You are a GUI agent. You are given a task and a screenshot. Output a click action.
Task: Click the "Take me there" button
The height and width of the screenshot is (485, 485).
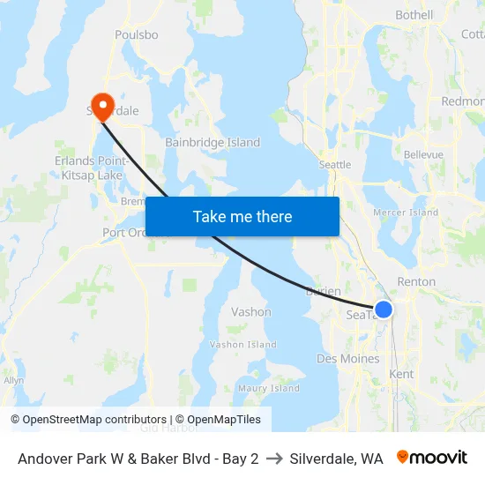click(x=242, y=216)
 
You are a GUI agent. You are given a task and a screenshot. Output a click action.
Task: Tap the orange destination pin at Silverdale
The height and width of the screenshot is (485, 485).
click(x=103, y=106)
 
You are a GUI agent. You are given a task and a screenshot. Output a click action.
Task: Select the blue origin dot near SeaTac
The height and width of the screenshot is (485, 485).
click(x=384, y=310)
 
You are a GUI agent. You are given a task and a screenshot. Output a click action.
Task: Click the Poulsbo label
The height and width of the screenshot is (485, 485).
click(x=137, y=35)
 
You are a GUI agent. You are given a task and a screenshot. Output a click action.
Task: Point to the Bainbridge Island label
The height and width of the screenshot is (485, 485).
click(x=213, y=142)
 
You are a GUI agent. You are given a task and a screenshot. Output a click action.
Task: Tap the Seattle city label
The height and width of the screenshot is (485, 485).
click(x=335, y=165)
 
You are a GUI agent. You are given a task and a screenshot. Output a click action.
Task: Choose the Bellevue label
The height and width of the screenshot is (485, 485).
click(x=423, y=154)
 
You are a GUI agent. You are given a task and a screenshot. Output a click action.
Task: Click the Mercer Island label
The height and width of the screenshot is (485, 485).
click(x=406, y=213)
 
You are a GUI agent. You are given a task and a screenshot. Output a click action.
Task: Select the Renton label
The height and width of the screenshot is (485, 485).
click(x=416, y=282)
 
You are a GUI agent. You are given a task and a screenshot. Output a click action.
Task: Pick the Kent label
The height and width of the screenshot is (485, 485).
click(x=401, y=375)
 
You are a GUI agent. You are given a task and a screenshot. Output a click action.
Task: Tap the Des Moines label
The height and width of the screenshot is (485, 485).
click(x=348, y=359)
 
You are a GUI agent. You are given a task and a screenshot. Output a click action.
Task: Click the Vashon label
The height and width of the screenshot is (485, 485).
click(x=250, y=312)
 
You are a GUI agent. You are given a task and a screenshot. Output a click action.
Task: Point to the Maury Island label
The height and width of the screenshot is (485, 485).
click(x=269, y=388)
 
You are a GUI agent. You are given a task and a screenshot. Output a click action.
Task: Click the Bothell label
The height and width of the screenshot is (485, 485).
click(x=414, y=15)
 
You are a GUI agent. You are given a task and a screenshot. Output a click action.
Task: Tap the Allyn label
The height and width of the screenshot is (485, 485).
click(x=13, y=380)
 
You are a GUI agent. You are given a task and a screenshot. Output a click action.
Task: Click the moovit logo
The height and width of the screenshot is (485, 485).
click(x=432, y=458)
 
